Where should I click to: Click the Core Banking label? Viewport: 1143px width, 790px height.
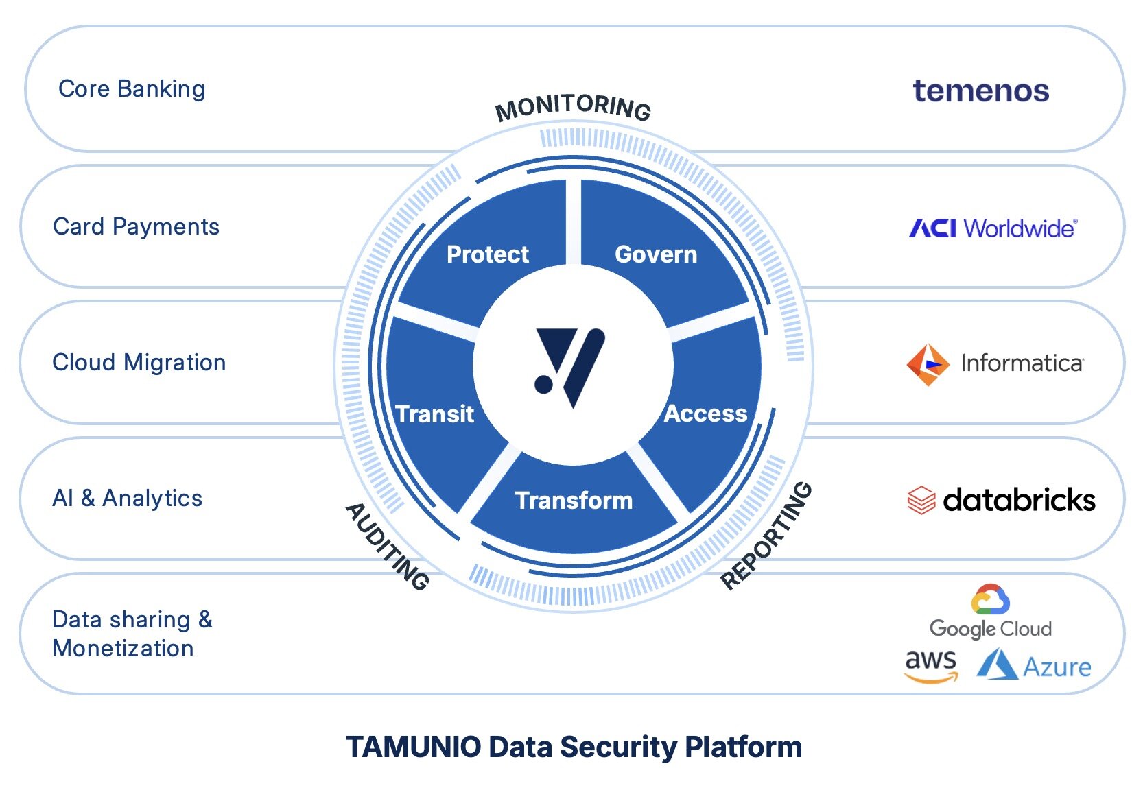132,89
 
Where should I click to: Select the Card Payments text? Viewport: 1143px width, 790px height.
136,227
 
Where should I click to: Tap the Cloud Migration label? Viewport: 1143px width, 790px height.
139,363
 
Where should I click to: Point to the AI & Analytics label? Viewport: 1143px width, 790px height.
128,499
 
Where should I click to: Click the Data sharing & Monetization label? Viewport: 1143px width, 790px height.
132,634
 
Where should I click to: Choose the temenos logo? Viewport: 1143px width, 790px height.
980,91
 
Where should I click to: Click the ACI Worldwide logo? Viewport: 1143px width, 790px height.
993,228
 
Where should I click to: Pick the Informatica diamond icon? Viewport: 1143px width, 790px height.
928,365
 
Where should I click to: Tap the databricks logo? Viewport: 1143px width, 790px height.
1001,500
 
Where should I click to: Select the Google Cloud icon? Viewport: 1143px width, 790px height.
990,600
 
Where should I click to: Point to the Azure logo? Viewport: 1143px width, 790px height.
1034,666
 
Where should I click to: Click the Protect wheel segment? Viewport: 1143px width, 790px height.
488,254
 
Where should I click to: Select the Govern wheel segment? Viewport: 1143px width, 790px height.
656,254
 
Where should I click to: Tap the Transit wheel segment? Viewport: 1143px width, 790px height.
435,414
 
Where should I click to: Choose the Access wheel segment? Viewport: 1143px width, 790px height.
706,414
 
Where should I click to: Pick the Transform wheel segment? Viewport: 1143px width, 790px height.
574,501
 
